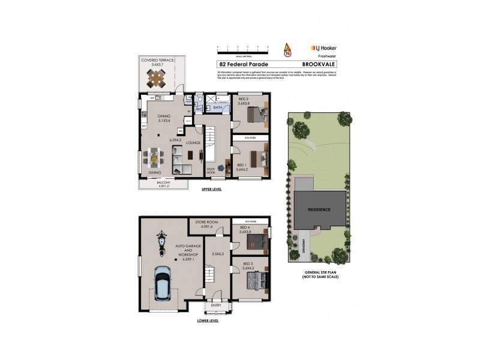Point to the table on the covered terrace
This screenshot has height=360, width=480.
click(156, 78)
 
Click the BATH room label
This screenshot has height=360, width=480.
click(217, 108)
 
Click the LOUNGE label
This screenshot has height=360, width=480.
click(193, 143)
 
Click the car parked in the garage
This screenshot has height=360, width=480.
click(162, 282)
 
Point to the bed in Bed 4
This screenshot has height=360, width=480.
click(259, 242)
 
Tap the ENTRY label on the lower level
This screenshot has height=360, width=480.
click(216, 305)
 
